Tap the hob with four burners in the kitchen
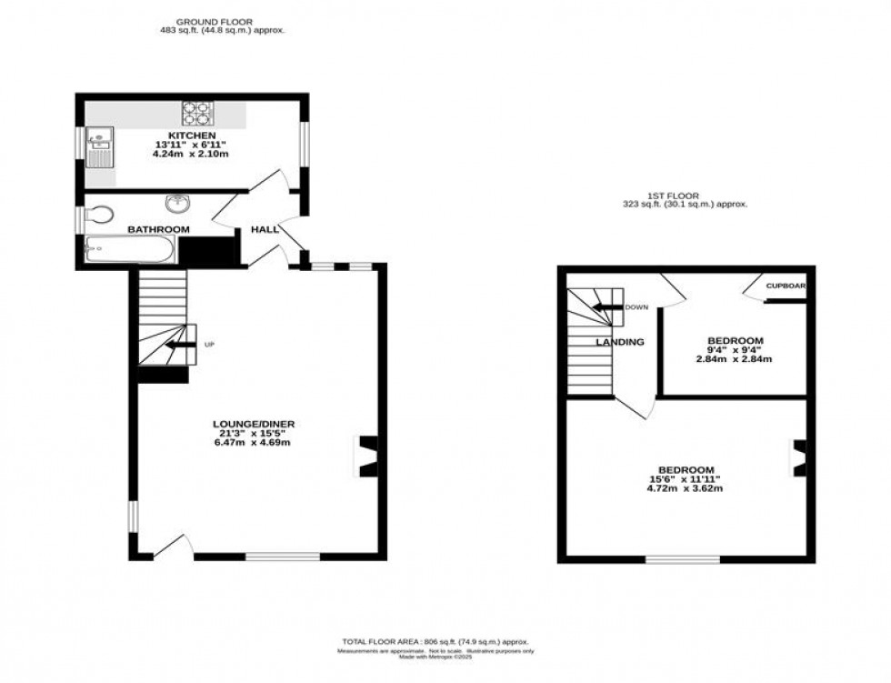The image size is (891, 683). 195,112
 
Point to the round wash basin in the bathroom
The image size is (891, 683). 175,204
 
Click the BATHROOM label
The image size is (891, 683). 158,229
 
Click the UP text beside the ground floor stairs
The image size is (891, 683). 210,345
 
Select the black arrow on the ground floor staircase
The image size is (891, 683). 181,345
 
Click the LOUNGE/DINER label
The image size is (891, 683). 254,424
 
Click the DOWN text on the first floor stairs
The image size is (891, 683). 636,307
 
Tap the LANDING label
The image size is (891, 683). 620,342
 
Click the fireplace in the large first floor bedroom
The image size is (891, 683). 800,458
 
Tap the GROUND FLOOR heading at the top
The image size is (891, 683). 215,21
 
